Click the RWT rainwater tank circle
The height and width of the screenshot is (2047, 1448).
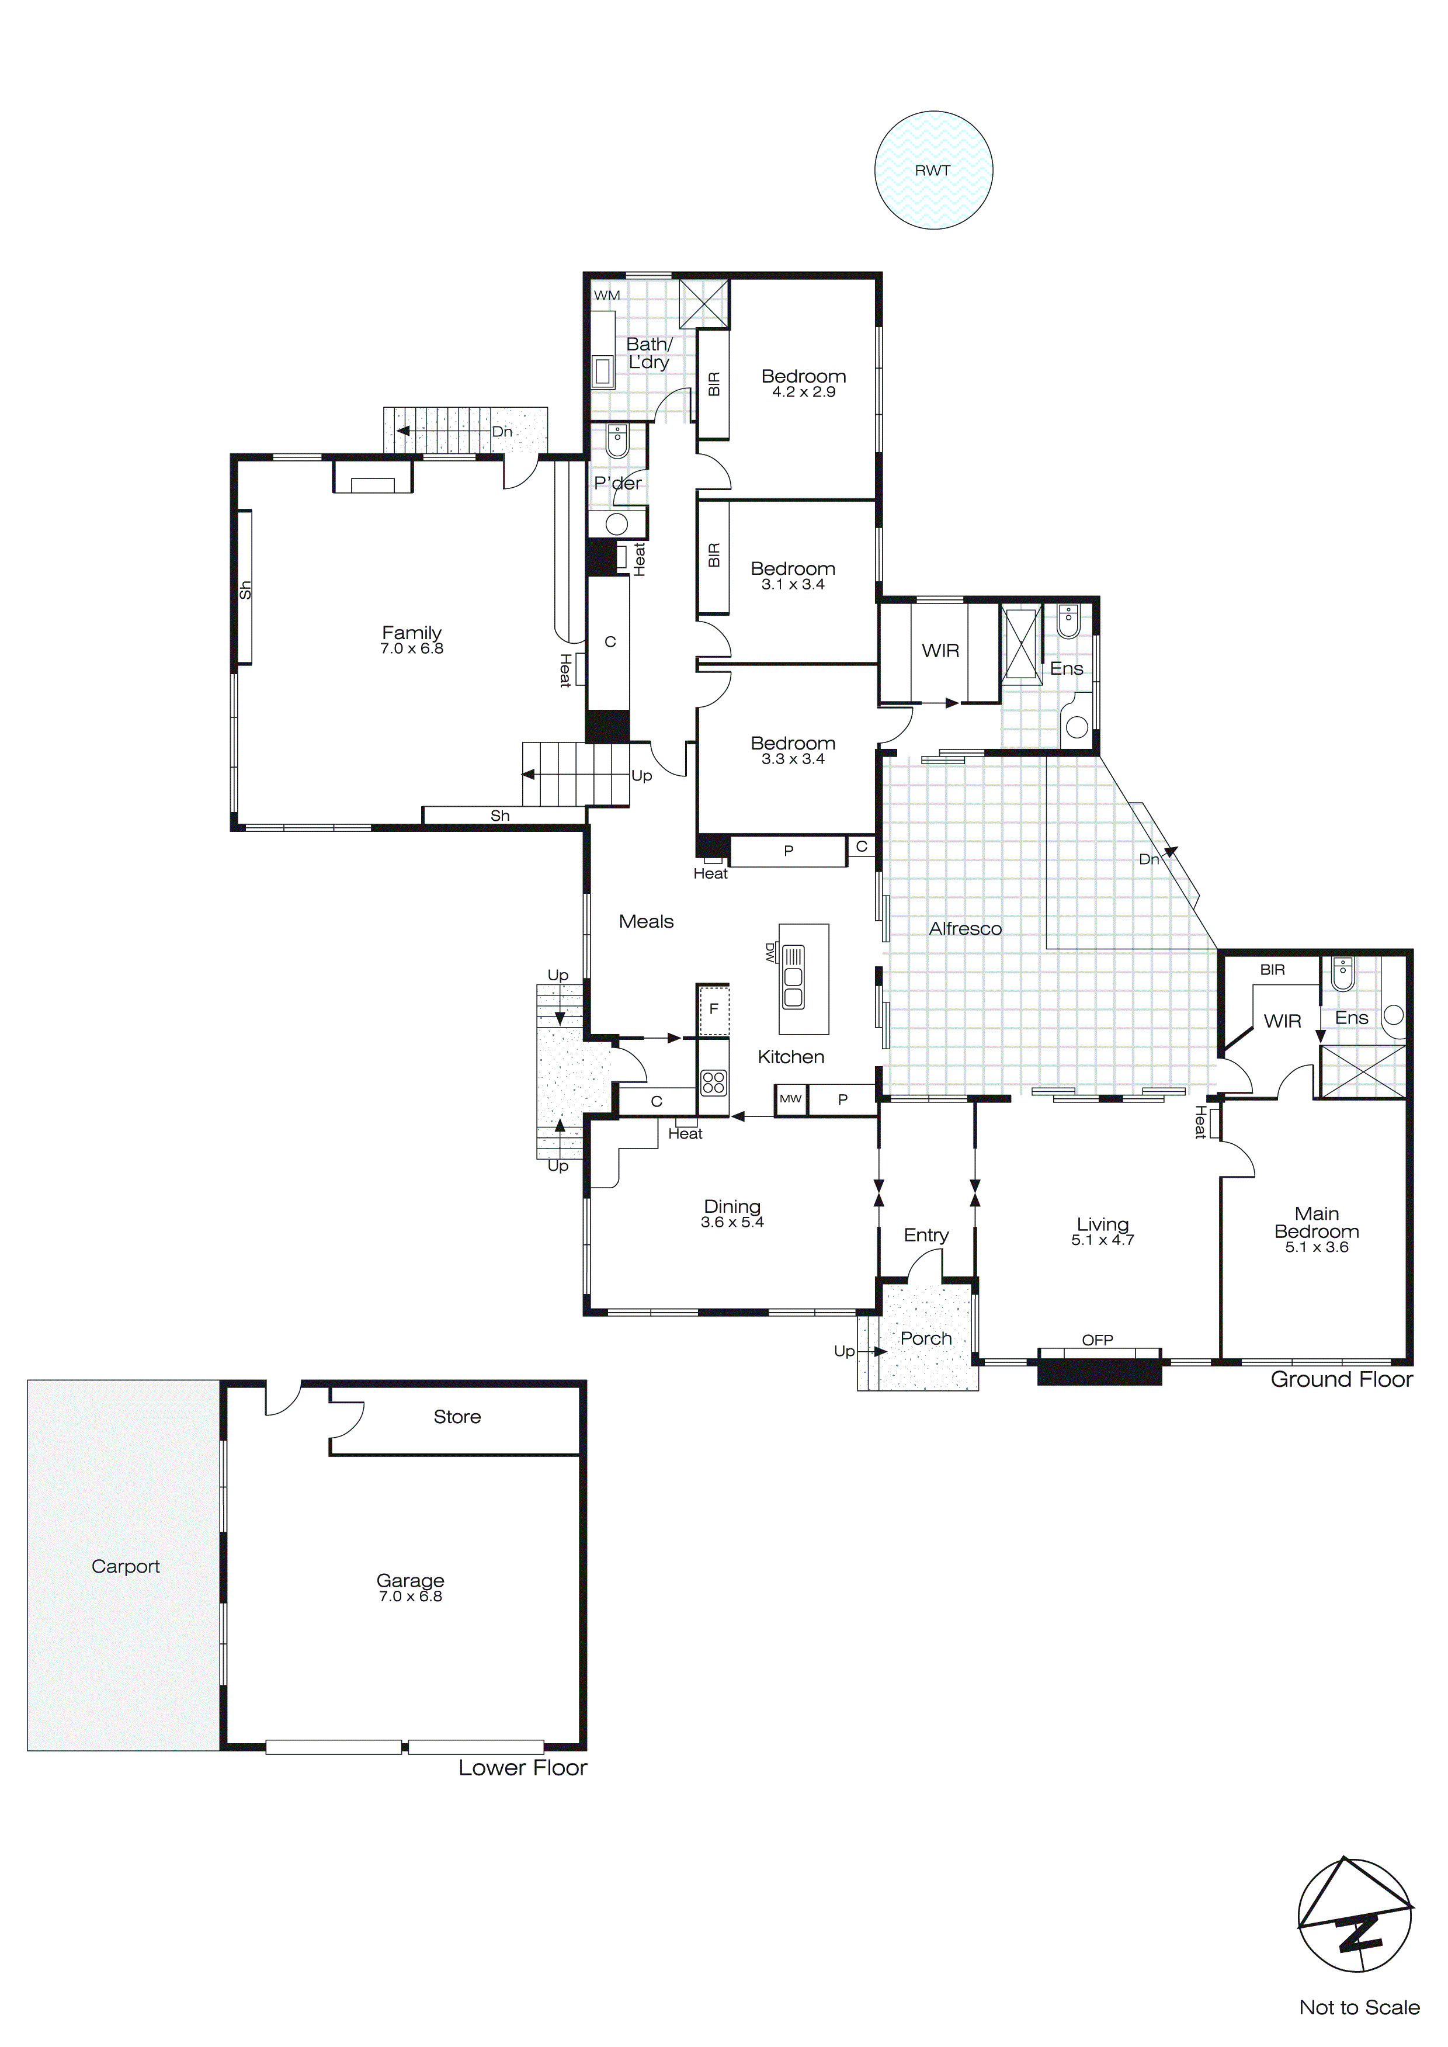(x=933, y=170)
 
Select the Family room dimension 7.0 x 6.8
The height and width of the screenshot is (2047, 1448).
(x=411, y=648)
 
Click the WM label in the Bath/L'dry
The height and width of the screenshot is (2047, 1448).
(x=606, y=295)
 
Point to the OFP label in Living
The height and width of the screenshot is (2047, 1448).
(x=1098, y=1340)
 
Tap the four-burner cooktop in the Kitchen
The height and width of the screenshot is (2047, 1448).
(x=713, y=1083)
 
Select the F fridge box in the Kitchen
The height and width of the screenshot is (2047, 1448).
(x=713, y=1009)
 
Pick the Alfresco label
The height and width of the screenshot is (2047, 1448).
(x=965, y=928)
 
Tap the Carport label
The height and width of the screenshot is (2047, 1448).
(x=125, y=1566)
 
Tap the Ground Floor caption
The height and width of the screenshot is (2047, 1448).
(x=1341, y=1379)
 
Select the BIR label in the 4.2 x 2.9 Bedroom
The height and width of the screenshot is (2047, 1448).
(x=713, y=383)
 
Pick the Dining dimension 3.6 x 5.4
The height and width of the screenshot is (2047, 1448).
(x=732, y=1222)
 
